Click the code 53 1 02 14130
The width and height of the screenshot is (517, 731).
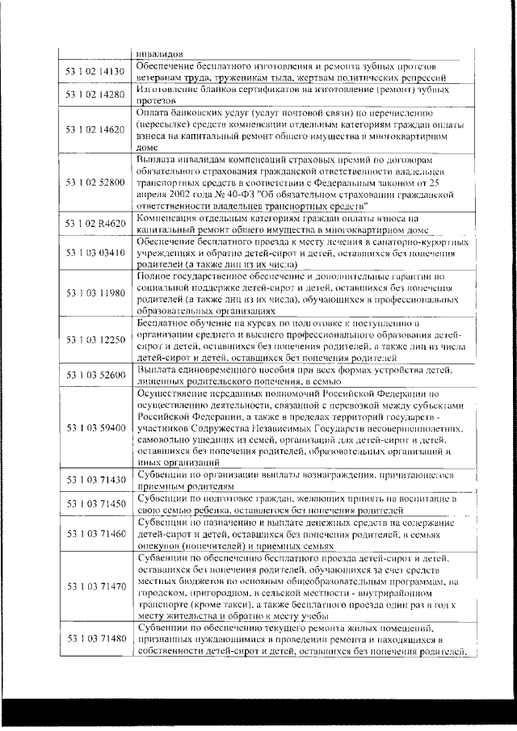point(95,71)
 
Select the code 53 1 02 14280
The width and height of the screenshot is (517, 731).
point(95,95)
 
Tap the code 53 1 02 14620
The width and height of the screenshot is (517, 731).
point(95,129)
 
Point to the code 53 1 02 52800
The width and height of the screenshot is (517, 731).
point(95,183)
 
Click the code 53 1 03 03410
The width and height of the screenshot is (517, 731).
point(95,253)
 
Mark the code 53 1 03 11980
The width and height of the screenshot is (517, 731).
point(95,292)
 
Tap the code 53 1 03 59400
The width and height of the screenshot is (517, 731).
point(95,426)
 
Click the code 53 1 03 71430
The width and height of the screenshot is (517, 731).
point(95,481)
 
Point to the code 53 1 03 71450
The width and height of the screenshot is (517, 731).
point(95,504)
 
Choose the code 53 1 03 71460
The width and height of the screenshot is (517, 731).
point(95,534)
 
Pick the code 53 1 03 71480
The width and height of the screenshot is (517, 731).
point(95,639)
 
